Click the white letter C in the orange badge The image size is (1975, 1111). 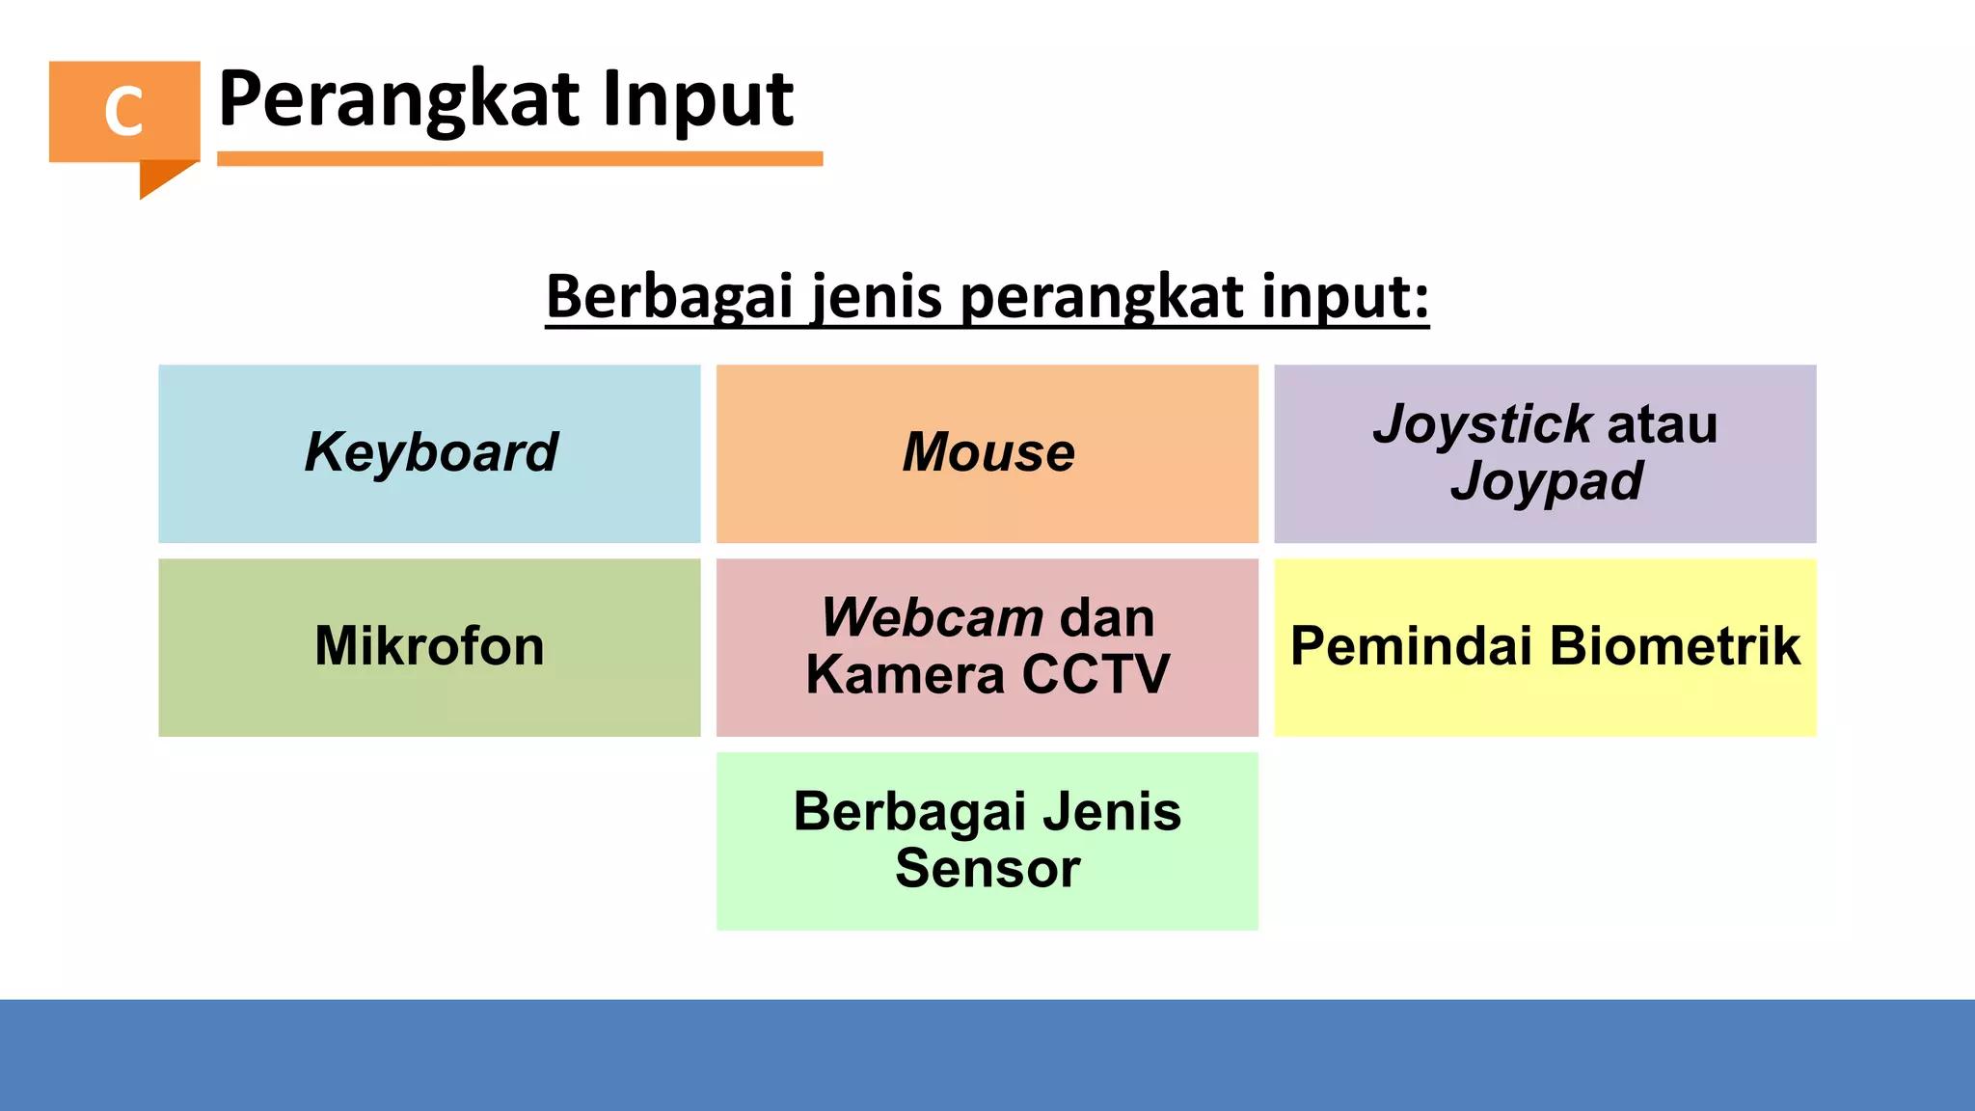(123, 111)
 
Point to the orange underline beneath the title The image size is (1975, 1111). (520, 158)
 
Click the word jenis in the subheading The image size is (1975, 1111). (877, 296)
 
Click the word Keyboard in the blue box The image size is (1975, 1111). (431, 452)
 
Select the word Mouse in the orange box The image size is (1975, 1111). (988, 452)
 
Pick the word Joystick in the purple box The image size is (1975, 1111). (1482, 424)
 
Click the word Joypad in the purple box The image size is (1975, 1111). (1546, 481)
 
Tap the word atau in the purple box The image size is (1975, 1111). (1663, 424)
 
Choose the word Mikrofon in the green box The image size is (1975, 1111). (429, 646)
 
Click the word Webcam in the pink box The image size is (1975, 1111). (932, 617)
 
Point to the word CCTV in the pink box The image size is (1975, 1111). (1096, 674)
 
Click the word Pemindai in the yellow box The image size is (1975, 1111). (1413, 646)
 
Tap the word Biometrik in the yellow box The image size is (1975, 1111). (1675, 646)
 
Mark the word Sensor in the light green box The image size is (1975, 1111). (987, 868)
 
